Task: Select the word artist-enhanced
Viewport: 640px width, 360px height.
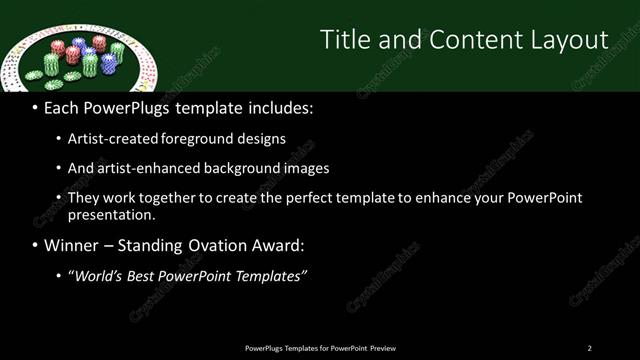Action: [146, 169]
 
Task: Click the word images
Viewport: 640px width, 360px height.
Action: [306, 169]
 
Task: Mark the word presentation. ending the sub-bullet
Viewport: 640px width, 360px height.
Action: [111, 215]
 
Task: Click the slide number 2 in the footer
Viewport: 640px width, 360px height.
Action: [589, 348]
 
